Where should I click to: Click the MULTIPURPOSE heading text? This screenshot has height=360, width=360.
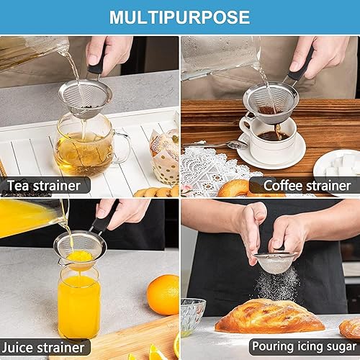pyautogui.click(x=180, y=17)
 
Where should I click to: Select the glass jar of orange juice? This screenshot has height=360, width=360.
pyautogui.click(x=78, y=302)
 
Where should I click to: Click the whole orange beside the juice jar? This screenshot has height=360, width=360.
pyautogui.click(x=163, y=294)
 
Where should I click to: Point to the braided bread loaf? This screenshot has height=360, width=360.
pyautogui.click(x=270, y=318)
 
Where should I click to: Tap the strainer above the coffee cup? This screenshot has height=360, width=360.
pyautogui.click(x=270, y=102)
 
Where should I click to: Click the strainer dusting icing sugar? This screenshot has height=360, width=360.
pyautogui.click(x=276, y=261)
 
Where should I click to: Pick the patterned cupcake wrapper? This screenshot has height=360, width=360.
pyautogui.click(x=164, y=156)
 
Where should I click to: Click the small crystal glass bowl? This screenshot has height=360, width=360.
pyautogui.click(x=192, y=317)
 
